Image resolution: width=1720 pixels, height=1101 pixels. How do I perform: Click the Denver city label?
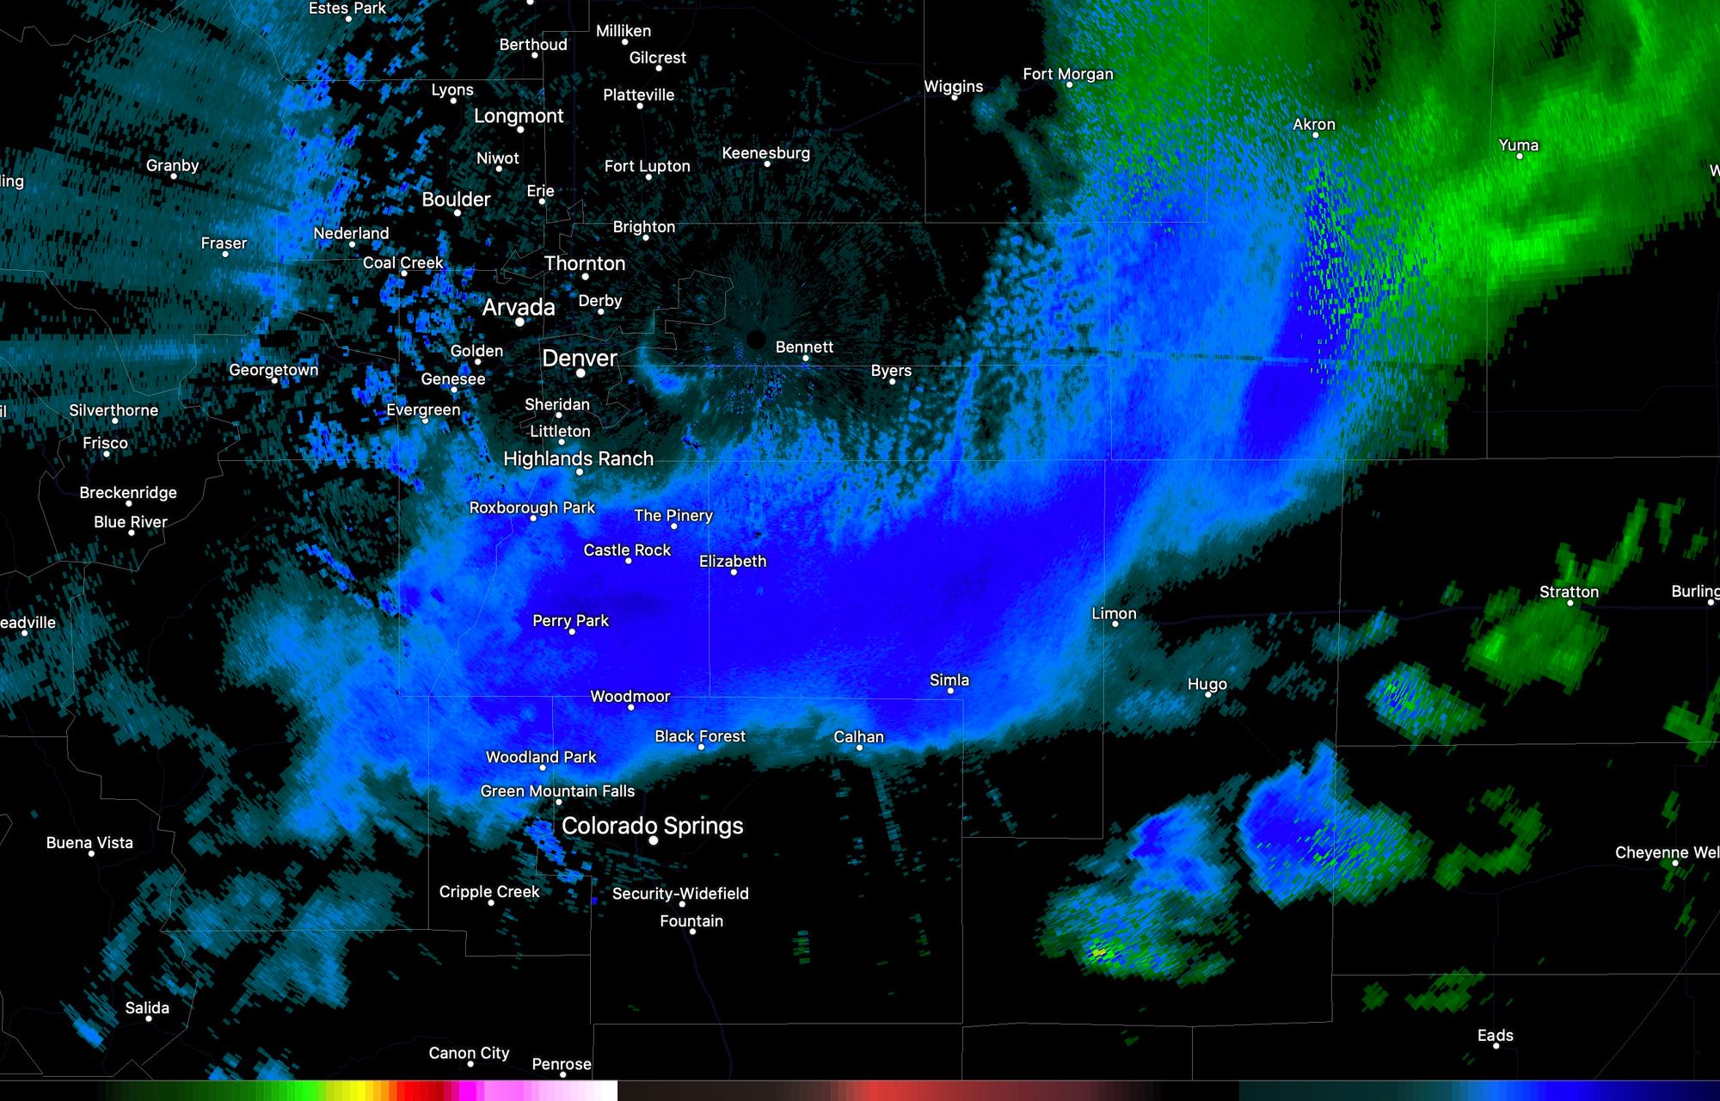tap(579, 358)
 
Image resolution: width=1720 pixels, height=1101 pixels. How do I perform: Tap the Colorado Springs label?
tap(652, 826)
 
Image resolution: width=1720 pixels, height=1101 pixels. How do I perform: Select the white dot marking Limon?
tap(1115, 624)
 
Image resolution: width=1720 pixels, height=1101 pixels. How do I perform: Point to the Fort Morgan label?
tap(1067, 74)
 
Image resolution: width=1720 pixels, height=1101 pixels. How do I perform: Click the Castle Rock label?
tap(627, 550)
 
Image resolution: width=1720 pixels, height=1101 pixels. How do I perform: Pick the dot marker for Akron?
tap(1315, 135)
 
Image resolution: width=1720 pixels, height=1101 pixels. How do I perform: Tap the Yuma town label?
tap(1518, 145)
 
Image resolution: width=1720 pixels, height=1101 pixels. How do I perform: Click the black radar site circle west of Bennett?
tap(756, 340)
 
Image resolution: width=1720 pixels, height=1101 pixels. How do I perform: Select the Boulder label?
tap(456, 199)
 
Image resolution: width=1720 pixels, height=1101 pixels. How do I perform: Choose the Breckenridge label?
tap(128, 492)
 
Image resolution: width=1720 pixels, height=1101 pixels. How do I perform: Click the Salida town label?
tap(147, 1007)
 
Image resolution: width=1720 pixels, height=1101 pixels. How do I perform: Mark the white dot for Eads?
tap(1496, 1046)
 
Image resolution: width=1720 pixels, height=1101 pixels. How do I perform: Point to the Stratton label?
tap(1569, 592)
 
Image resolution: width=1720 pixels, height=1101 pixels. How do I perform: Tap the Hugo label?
tap(1207, 684)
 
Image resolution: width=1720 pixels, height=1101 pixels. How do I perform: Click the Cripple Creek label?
tap(488, 891)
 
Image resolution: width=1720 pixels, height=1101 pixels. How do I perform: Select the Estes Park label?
tap(347, 8)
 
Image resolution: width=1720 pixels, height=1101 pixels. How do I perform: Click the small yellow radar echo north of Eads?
tap(1098, 952)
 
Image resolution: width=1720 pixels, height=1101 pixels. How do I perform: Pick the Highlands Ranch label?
tap(578, 458)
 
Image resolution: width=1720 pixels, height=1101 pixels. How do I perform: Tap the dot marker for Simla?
tap(950, 691)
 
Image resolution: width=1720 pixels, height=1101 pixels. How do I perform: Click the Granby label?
tap(172, 165)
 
